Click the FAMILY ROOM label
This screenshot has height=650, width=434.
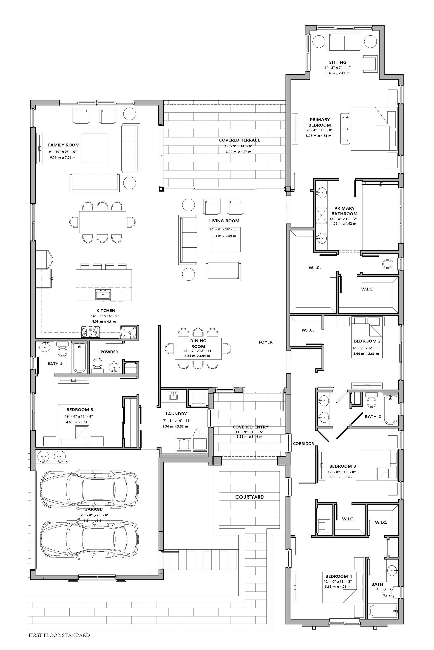pyautogui.click(x=64, y=145)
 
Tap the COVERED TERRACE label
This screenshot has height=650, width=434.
pyautogui.click(x=239, y=140)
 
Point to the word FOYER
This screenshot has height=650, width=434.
pyautogui.click(x=265, y=342)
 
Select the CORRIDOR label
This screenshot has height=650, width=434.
pyautogui.click(x=303, y=443)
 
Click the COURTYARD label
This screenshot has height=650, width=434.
pyautogui.click(x=249, y=497)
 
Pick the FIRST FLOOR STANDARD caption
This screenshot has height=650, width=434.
pyautogui.click(x=59, y=635)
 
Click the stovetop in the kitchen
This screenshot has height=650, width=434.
pyautogui.click(x=90, y=332)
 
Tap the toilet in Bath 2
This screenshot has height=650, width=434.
pyautogui.click(x=371, y=400)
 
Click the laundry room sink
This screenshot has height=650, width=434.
pyautogui.click(x=174, y=396)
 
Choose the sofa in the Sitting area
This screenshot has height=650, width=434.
pyautogui.click(x=344, y=42)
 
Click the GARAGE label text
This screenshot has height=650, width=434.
pyautogui.click(x=93, y=509)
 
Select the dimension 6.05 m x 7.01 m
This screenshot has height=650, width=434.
pyautogui.click(x=63, y=158)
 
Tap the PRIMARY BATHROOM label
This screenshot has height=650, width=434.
pyautogui.click(x=344, y=211)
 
